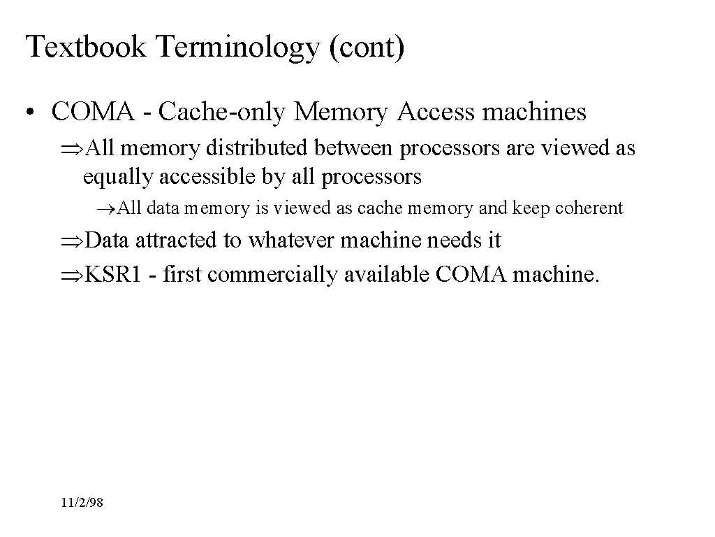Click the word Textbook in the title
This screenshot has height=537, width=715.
pyautogui.click(x=86, y=47)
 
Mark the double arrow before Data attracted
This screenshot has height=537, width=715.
pyautogui.click(x=72, y=241)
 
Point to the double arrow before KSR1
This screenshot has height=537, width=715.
pyautogui.click(x=72, y=275)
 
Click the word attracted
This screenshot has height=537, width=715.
pyautogui.click(x=175, y=241)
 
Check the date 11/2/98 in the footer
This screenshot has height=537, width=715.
pyautogui.click(x=82, y=503)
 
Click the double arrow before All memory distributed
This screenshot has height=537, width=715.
pyautogui.click(x=72, y=149)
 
